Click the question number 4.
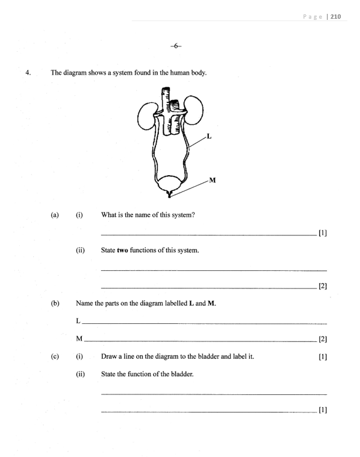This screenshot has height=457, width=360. pos(28,73)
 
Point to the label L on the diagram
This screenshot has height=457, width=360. pos(208,136)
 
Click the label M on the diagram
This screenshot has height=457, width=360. pos(213,180)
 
